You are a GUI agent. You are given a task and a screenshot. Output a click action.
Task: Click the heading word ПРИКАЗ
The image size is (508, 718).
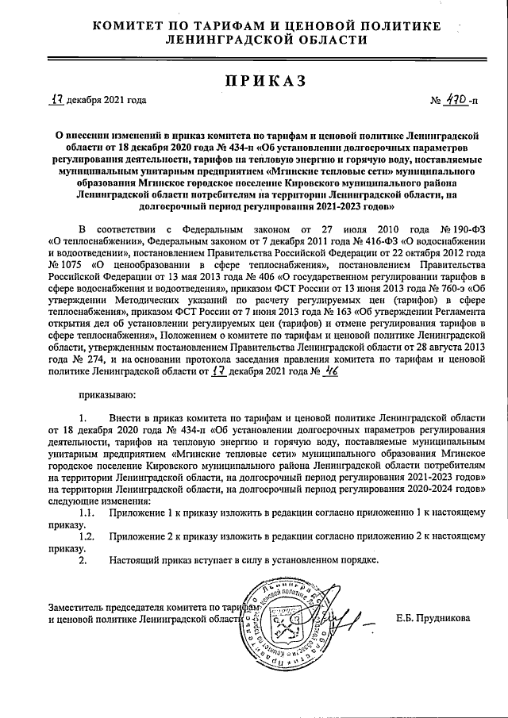254,81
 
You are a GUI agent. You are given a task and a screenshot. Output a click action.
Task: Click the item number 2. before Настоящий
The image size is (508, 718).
83,560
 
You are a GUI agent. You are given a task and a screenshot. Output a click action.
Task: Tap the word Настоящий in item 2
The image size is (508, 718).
137,560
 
